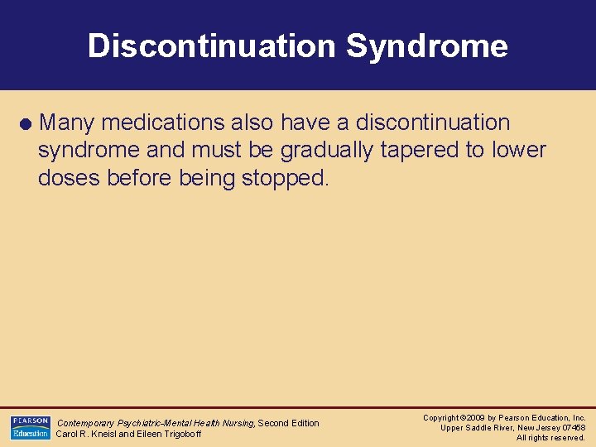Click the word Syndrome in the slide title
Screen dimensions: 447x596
(426, 46)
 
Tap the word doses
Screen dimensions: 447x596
(69, 178)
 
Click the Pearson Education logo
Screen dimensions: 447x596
(30, 428)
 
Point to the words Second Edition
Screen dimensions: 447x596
(289, 423)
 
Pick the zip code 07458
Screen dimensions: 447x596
(573, 428)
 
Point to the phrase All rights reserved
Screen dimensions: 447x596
(550, 438)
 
